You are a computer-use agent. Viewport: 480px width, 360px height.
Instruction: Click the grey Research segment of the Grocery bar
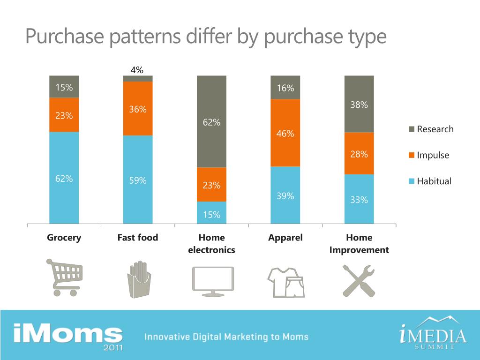click(x=64, y=86)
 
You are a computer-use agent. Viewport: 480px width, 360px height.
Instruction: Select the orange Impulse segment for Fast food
click(x=138, y=108)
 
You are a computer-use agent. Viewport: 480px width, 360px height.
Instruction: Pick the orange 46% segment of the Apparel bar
click(x=285, y=133)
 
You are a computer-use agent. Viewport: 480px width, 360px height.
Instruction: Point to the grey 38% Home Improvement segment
click(x=359, y=104)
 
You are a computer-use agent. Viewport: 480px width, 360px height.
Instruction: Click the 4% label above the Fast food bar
click(x=137, y=70)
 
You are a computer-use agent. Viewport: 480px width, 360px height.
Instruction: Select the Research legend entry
click(x=431, y=129)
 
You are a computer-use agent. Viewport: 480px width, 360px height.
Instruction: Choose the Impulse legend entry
click(x=429, y=155)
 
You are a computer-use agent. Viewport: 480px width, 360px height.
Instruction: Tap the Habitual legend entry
click(x=430, y=181)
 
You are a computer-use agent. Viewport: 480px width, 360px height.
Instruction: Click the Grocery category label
click(x=64, y=238)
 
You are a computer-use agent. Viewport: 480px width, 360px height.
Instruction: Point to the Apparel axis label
click(x=285, y=238)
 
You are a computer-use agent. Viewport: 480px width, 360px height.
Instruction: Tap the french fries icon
click(x=139, y=279)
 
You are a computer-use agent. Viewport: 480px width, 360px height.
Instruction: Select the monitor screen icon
click(x=212, y=280)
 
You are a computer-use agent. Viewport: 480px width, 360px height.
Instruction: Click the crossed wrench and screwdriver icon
click(x=359, y=280)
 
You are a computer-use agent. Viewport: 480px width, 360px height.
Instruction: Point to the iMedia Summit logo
click(x=433, y=334)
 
